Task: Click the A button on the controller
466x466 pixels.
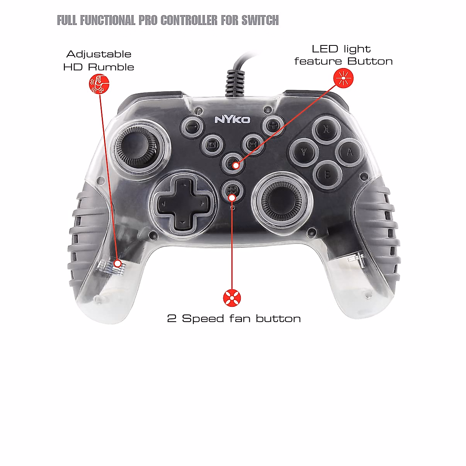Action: (x=349, y=152)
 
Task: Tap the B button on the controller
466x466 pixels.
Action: (x=327, y=175)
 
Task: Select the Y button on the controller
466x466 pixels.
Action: (x=304, y=153)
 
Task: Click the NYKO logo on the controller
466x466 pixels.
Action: (x=232, y=120)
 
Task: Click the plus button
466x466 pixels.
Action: (x=273, y=125)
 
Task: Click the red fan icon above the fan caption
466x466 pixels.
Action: (x=232, y=298)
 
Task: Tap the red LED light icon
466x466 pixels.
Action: (x=344, y=78)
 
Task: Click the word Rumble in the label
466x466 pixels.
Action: (x=111, y=67)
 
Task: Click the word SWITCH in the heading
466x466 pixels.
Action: (x=260, y=20)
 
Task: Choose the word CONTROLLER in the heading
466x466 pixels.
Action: (x=189, y=20)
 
